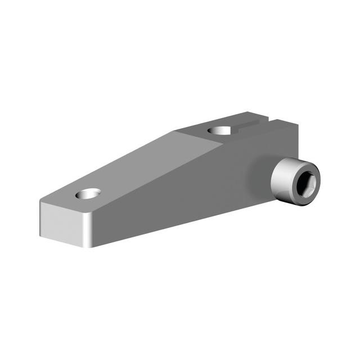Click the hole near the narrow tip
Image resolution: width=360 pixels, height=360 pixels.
tap(88, 194)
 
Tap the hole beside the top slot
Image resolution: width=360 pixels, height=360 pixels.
tap(220, 130)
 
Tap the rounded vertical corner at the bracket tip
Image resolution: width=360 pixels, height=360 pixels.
tap(89, 231)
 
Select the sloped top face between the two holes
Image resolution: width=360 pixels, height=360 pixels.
tap(152, 163)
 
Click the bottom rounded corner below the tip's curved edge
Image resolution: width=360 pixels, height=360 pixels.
tap(89, 245)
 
